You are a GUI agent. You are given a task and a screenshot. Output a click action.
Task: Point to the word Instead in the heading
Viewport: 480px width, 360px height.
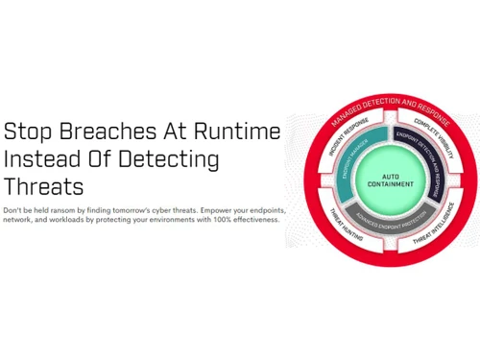click(x=39, y=158)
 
